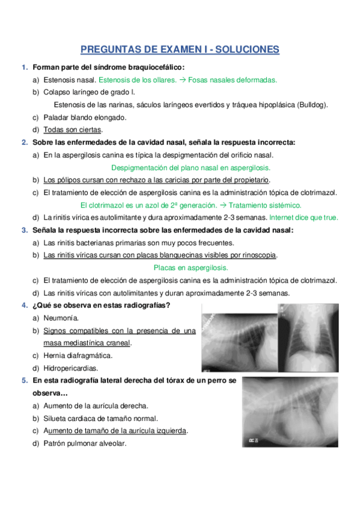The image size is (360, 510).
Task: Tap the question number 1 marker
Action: (24, 67)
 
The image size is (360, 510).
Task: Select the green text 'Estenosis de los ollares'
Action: (137, 79)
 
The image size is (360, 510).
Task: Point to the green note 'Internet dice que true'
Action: (304, 218)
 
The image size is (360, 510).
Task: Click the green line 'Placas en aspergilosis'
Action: (191, 268)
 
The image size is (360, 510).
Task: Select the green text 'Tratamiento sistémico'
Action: (268, 205)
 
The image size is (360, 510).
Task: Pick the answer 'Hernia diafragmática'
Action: (78, 355)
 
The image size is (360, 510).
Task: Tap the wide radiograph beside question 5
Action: (290, 413)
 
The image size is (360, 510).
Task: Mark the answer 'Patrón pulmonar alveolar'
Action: (85, 444)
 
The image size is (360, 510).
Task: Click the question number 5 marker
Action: (24, 381)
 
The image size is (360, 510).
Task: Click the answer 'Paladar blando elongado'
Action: (85, 117)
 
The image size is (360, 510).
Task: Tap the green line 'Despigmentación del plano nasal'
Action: (191, 168)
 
